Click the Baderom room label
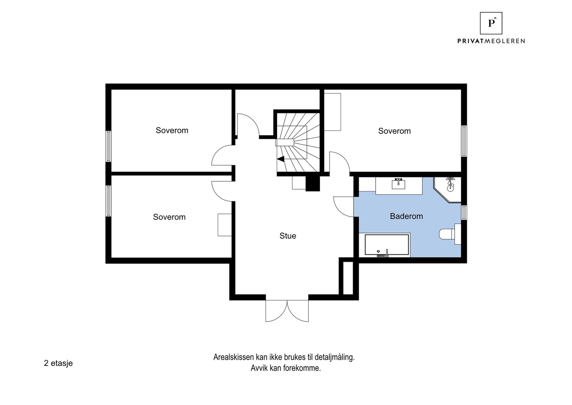coord(406,216)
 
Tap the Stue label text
coord(287,236)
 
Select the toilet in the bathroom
coord(447,234)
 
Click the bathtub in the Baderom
coord(386,245)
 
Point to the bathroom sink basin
coord(399,184)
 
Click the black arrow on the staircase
coord(281,159)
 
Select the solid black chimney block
coord(312,184)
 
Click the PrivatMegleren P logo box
coord(491,23)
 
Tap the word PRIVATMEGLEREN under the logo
coord(491,41)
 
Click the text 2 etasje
coord(58,363)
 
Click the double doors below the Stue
coord(287,310)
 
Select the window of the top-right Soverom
coord(464,141)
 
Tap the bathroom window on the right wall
coord(464,212)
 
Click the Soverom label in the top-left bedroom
coord(172,130)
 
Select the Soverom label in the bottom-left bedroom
coord(169,217)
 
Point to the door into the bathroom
coord(343,206)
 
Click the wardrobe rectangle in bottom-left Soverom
coord(225,225)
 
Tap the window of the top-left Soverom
coord(108,146)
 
